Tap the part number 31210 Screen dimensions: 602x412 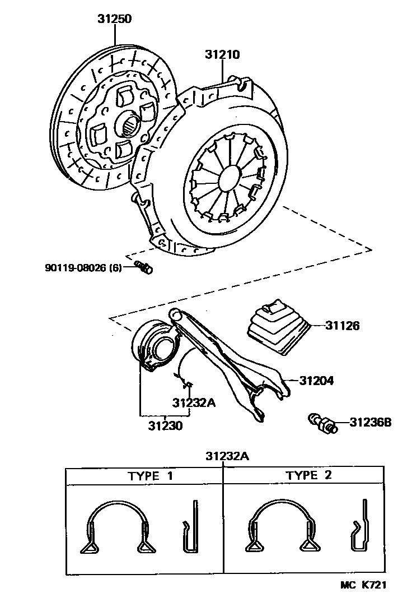(222, 55)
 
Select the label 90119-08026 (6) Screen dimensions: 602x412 (87, 268)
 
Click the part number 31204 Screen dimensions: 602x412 (316, 381)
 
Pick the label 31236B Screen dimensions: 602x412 (371, 422)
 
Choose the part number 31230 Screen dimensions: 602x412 (165, 425)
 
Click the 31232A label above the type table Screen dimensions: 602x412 (226, 456)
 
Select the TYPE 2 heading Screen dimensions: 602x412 (309, 476)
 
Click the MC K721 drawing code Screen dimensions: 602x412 (364, 585)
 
